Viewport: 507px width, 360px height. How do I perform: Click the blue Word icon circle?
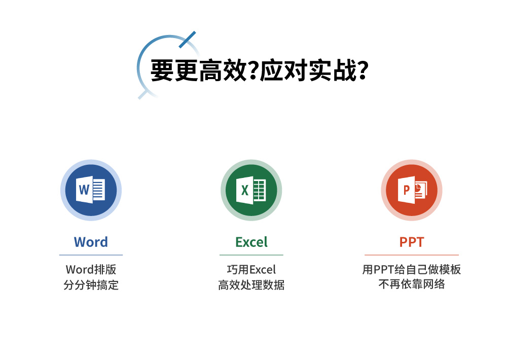(91, 190)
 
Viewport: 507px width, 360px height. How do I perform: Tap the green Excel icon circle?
(251, 190)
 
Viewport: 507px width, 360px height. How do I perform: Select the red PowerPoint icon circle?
(412, 190)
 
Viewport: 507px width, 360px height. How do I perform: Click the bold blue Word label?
(91, 242)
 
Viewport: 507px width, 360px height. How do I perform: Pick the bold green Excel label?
(251, 242)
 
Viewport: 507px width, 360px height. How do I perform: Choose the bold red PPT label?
(412, 242)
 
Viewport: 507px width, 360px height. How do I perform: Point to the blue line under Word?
(91, 255)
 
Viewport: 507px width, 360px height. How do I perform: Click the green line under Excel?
(251, 255)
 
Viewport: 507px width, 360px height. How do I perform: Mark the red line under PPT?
(412, 255)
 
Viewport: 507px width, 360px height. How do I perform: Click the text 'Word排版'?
(91, 269)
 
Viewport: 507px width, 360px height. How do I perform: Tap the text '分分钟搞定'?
(91, 285)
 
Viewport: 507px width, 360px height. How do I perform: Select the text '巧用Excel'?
(251, 269)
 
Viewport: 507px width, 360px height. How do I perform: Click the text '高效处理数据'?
(251, 285)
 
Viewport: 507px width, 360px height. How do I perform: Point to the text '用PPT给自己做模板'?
(412, 269)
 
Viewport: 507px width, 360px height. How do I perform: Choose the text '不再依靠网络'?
(412, 284)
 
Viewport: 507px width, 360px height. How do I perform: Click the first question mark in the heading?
(253, 70)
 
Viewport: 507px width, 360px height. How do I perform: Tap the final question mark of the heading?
(363, 70)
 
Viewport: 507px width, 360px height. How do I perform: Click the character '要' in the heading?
(162, 70)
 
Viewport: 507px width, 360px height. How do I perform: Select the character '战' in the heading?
(345, 70)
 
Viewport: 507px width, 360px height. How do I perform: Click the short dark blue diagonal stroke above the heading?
(187, 40)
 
